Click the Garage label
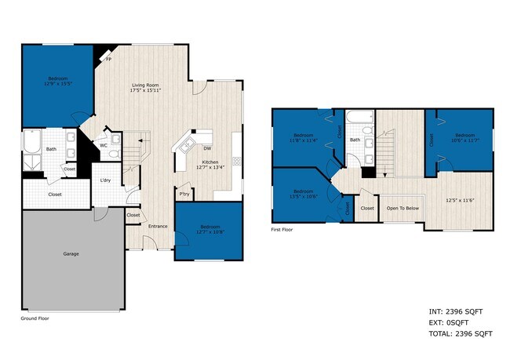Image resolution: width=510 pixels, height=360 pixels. pos(71,253)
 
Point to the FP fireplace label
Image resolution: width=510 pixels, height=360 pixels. pos(107,58)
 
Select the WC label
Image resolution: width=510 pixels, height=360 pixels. pos(104,145)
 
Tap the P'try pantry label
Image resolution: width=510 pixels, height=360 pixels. pos(184,194)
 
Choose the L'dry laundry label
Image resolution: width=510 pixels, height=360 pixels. pos(104,181)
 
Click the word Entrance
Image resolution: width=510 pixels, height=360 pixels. pos(158,227)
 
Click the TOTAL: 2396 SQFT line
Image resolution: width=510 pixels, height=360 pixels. pos(461,334)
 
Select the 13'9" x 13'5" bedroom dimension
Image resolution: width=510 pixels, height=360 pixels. pos(57,84)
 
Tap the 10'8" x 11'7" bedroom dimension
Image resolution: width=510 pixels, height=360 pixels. pos(465,140)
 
